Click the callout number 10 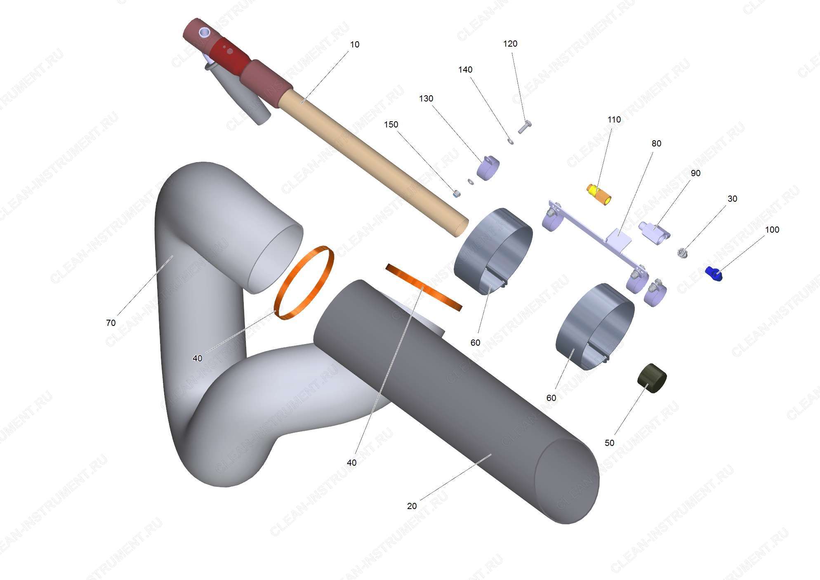(x=355, y=45)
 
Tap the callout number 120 (x=510, y=44)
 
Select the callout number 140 (x=465, y=70)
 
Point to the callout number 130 (x=426, y=99)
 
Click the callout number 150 (x=391, y=125)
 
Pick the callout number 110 (x=614, y=120)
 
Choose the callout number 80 (x=656, y=144)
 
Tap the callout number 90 (x=695, y=173)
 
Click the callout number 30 (x=732, y=199)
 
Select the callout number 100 (x=772, y=230)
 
